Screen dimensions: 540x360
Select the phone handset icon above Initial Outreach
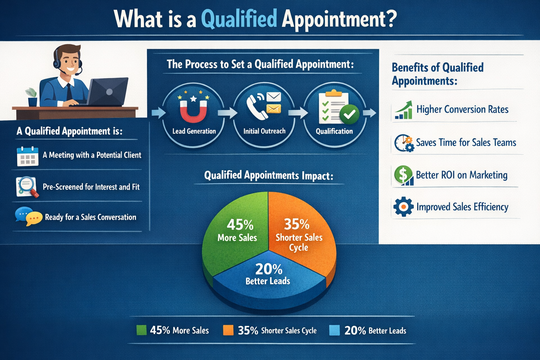[256, 107]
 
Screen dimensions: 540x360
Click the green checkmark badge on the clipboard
[349, 114]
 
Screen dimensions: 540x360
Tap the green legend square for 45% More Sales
[142, 330]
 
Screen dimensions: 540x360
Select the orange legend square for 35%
[228, 330]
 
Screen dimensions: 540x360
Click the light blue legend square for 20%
[334, 330]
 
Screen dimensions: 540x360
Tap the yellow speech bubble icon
[34, 218]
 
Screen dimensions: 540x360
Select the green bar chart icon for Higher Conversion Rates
[404, 110]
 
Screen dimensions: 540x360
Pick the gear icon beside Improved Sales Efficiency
[403, 207]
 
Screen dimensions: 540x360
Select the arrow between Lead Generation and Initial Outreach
[227, 113]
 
